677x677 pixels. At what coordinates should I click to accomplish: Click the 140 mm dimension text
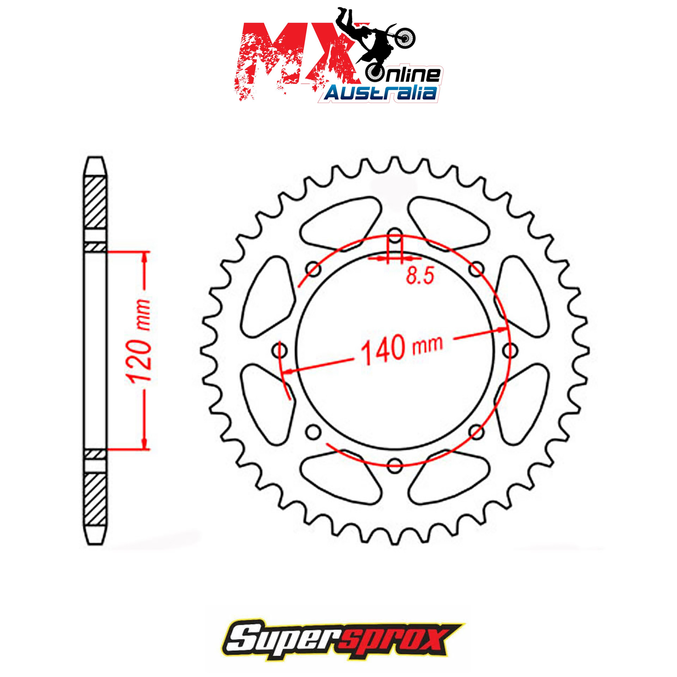402,349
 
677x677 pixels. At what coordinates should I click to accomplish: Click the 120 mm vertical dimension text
139,341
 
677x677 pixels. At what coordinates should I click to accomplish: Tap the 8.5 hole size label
420,276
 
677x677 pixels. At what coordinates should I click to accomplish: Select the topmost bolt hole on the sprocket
395,235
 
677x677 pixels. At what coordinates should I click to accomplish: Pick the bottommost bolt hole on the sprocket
395,465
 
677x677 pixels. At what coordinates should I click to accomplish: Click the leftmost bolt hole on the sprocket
280,350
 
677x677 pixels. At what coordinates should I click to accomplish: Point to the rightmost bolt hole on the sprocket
510,350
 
